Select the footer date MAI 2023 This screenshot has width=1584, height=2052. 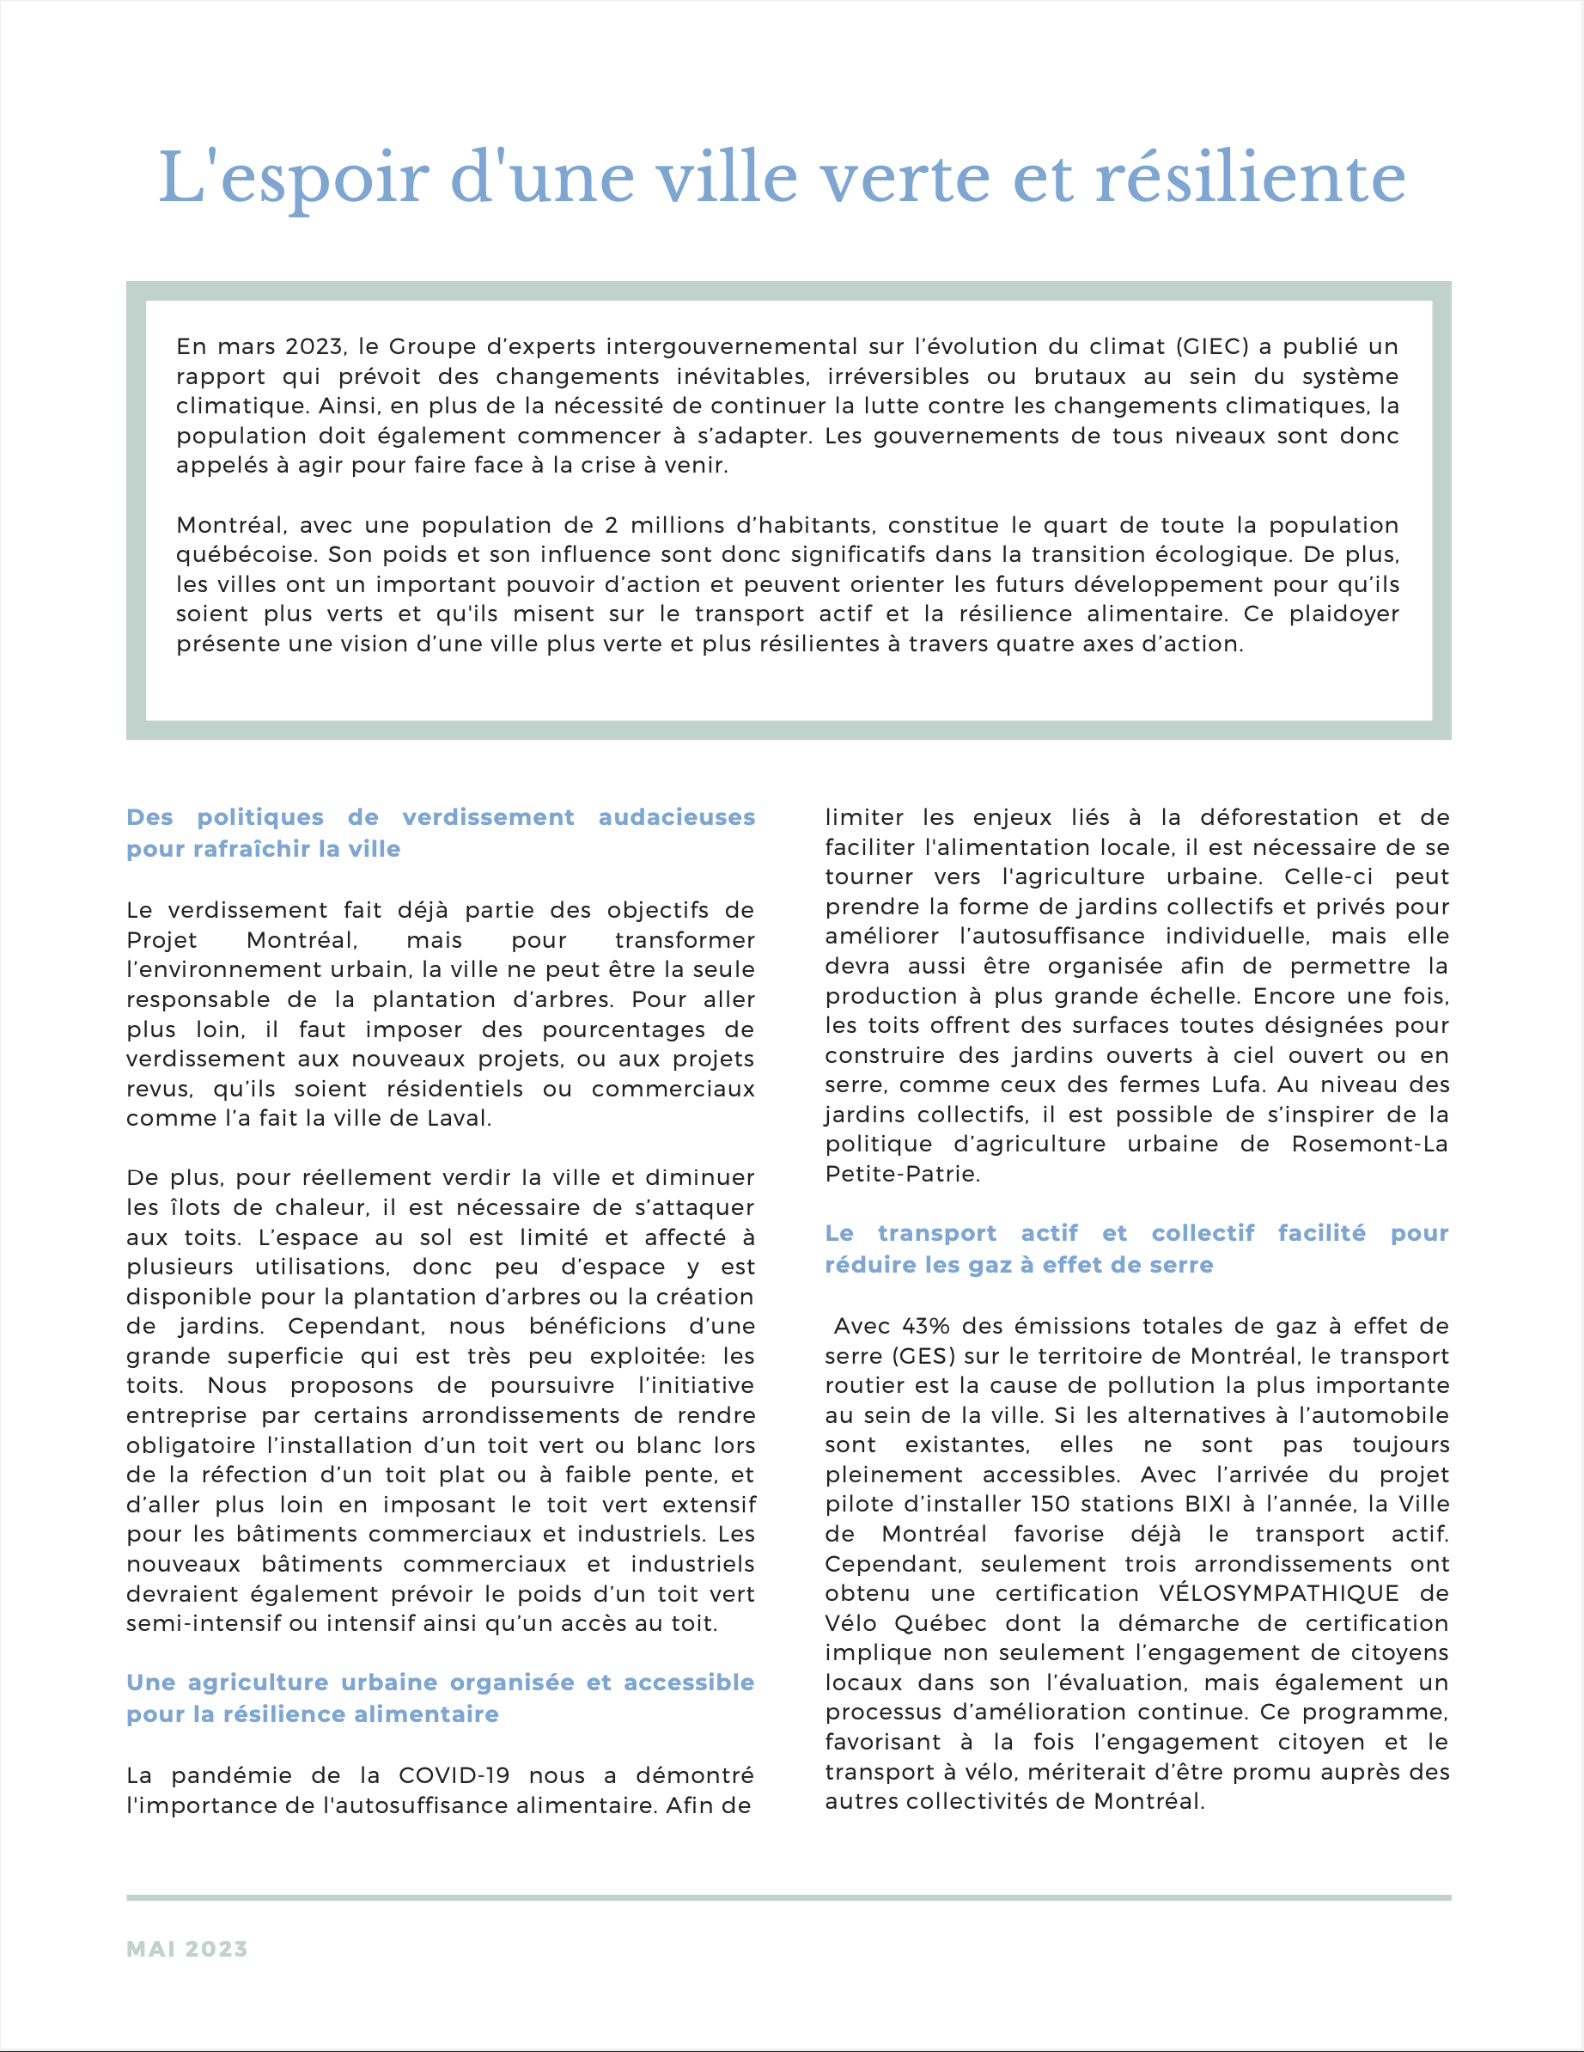(187, 1949)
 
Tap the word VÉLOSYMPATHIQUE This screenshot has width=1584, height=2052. (1279, 1592)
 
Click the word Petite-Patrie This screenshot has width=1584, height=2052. (902, 1174)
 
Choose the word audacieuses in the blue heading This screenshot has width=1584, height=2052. (676, 817)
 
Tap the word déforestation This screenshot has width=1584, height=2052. (1279, 817)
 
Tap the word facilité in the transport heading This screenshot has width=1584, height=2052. (1321, 1233)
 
